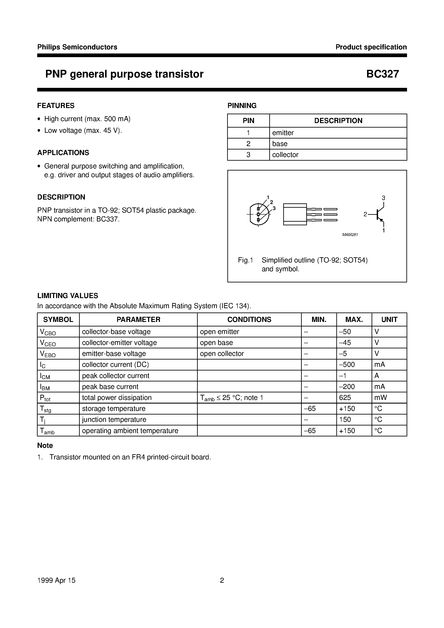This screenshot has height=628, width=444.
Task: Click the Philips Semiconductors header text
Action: point(77,47)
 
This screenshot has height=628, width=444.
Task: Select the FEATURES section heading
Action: point(56,106)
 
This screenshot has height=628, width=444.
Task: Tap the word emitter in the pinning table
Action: point(283,133)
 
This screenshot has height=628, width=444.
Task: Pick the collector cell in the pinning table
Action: point(285,155)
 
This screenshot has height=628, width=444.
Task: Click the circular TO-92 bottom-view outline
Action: point(258,214)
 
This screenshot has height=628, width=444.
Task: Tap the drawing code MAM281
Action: point(350,235)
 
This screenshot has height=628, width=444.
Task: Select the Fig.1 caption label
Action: point(245,260)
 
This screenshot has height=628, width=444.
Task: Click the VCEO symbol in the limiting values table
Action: point(48,343)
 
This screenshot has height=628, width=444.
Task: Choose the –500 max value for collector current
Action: point(347,365)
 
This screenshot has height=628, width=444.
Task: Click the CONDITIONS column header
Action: point(249,319)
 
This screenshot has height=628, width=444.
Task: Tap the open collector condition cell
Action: point(222,354)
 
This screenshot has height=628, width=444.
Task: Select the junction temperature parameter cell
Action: point(114,420)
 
